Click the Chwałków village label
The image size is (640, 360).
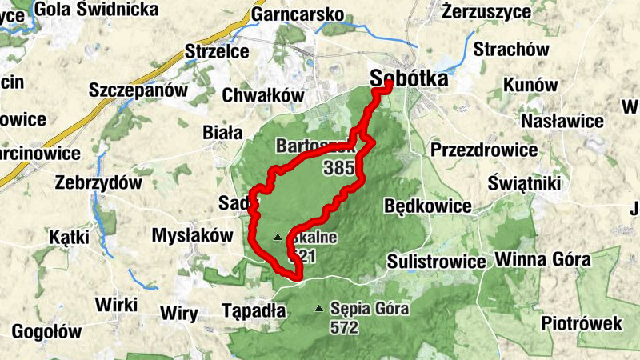(265, 96)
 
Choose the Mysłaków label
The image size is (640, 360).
(191, 235)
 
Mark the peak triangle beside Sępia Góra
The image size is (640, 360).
(320, 308)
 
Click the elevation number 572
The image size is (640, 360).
(342, 326)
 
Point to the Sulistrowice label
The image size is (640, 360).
(436, 262)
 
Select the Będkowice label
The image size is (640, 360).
(427, 206)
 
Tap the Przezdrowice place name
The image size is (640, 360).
(483, 150)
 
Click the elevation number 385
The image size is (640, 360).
(339, 169)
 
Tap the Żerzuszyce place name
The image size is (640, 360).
(486, 12)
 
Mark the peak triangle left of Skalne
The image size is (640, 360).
(278, 237)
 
